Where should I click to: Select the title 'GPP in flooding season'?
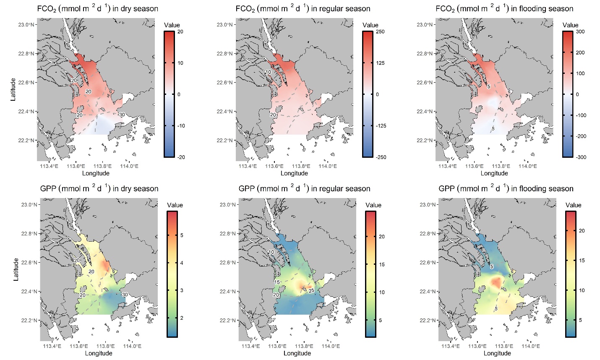[x=506, y=189]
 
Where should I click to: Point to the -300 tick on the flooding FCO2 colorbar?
[x=582, y=157]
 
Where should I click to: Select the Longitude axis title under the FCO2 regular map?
[x=294, y=173]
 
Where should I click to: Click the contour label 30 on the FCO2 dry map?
[x=122, y=115]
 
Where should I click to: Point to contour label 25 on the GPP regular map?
[x=311, y=291]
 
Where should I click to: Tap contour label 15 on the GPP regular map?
[x=277, y=282]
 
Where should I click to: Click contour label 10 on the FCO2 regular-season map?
[x=268, y=72]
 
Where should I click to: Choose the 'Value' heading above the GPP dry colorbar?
[x=175, y=205]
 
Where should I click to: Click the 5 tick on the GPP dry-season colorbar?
[x=182, y=235]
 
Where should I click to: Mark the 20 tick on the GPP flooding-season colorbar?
[x=582, y=231]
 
